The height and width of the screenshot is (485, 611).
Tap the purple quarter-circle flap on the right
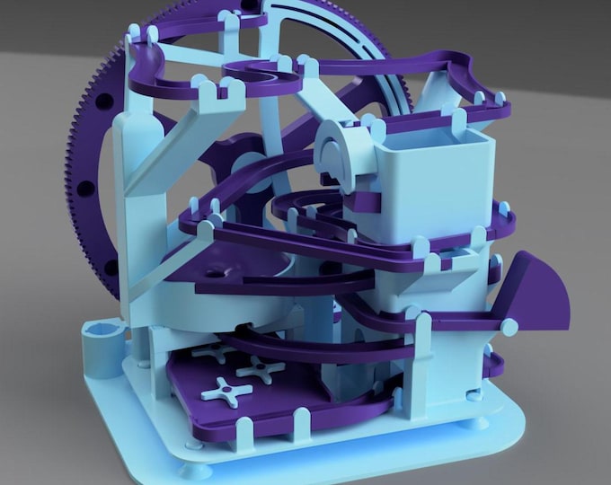pyautogui.click(x=538, y=292)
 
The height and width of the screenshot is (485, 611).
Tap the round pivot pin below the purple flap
pyautogui.click(x=509, y=327)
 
